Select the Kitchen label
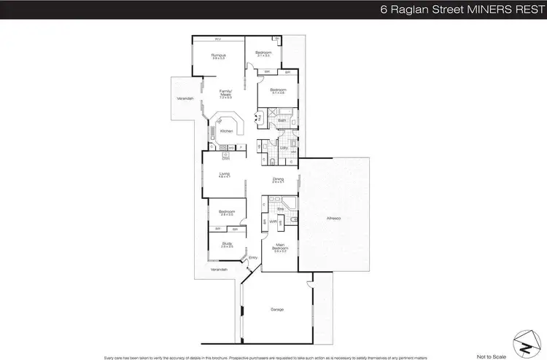tap(226, 130)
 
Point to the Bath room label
tap(282, 120)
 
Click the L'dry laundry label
tap(284, 147)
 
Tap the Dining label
tap(278, 179)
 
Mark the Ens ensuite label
tap(279, 208)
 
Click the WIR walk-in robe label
tap(272, 222)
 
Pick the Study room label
tap(226, 244)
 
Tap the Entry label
tap(253, 257)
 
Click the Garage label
tap(277, 310)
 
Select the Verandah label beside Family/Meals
tap(186, 98)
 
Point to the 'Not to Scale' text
tap(491, 356)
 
